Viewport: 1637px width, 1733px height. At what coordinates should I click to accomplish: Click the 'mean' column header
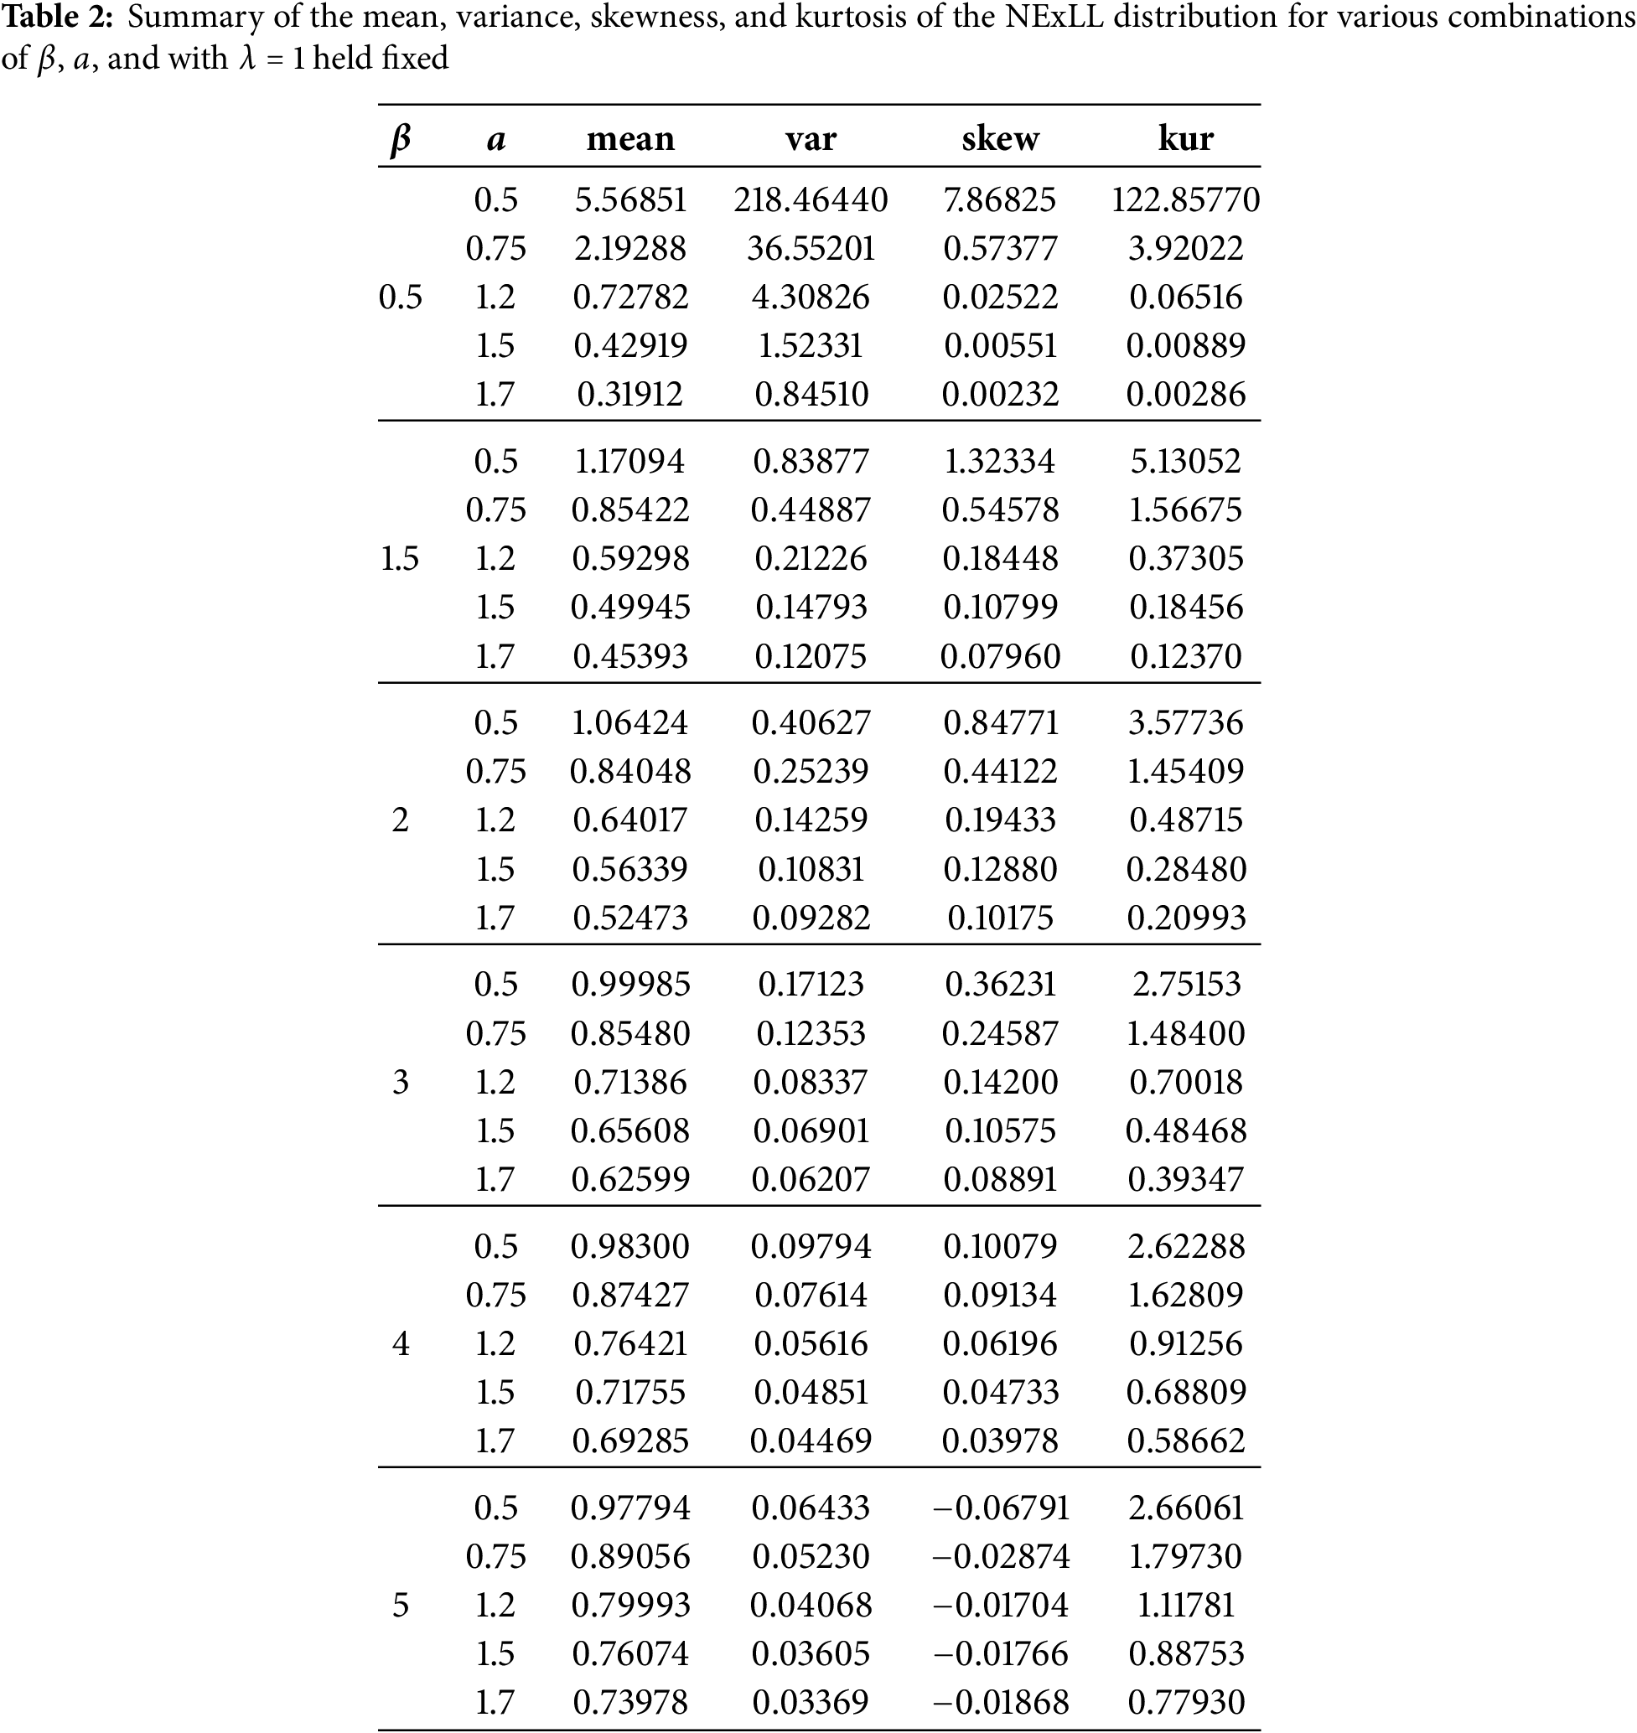pos(630,139)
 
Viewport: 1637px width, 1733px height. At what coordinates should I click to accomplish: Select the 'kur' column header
pos(1185,139)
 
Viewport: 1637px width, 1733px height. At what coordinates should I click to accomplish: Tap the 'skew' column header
pos(1000,139)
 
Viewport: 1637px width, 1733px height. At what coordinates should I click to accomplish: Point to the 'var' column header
pos(811,139)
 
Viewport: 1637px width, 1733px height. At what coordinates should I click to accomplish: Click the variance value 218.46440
pos(811,199)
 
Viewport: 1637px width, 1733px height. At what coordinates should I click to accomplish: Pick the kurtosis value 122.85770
pos(1185,199)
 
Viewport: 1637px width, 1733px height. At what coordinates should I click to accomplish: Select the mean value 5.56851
pos(630,199)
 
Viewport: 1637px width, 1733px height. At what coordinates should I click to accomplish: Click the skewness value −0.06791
pos(1000,1508)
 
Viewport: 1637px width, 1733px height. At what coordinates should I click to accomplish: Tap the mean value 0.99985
pos(630,985)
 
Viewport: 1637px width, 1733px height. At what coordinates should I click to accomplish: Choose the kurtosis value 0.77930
pos(1185,1703)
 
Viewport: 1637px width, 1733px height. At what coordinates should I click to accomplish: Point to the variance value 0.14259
pos(811,820)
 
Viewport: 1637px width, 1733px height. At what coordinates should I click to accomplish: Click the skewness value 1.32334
pos(1000,461)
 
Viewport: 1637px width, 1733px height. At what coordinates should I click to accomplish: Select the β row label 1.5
pos(400,558)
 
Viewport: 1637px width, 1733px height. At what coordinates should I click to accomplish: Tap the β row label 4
pos(400,1344)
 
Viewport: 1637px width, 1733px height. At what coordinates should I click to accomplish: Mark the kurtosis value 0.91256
pos(1185,1344)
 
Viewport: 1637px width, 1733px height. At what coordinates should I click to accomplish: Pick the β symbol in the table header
pos(400,140)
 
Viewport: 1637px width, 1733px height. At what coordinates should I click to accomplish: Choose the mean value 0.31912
pos(630,395)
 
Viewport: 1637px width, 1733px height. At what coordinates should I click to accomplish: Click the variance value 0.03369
pos(811,1703)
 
